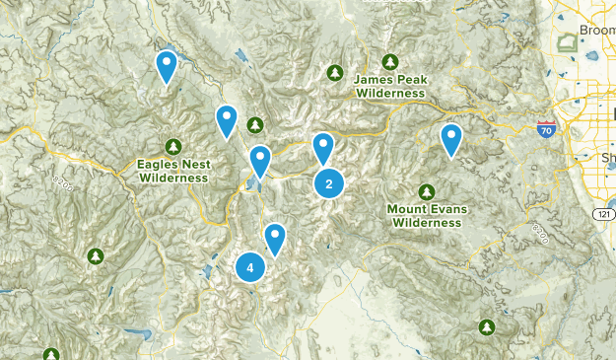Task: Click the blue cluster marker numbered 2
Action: point(329,183)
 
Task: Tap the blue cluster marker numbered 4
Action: point(250,267)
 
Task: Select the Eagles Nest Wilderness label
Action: point(173,171)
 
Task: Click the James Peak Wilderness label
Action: point(391,86)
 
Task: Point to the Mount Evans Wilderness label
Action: point(426,215)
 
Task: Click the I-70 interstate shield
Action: point(546,129)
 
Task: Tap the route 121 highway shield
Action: point(602,214)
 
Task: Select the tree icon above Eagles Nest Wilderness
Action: point(173,146)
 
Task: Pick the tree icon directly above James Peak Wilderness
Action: point(391,61)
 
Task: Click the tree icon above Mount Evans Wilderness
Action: point(427,190)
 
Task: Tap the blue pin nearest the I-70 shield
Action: point(451,139)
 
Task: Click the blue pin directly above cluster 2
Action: point(323,148)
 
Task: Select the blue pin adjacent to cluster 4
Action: point(275,238)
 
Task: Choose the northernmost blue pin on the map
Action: point(167,66)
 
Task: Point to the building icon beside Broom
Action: point(568,43)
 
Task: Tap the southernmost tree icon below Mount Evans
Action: point(486,326)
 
